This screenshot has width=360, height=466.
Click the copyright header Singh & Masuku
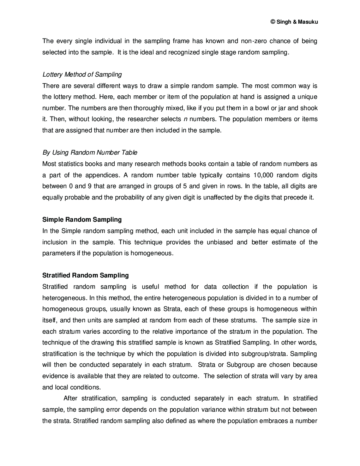tap(294, 22)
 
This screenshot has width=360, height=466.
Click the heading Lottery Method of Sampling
tap(82, 74)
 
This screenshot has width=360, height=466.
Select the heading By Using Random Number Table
tap(90, 153)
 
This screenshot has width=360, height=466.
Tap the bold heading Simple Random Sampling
tap(82, 220)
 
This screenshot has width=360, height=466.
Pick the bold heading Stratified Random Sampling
tap(85, 275)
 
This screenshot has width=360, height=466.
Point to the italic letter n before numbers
tap(186, 119)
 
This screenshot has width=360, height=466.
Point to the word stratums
tap(244, 320)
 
